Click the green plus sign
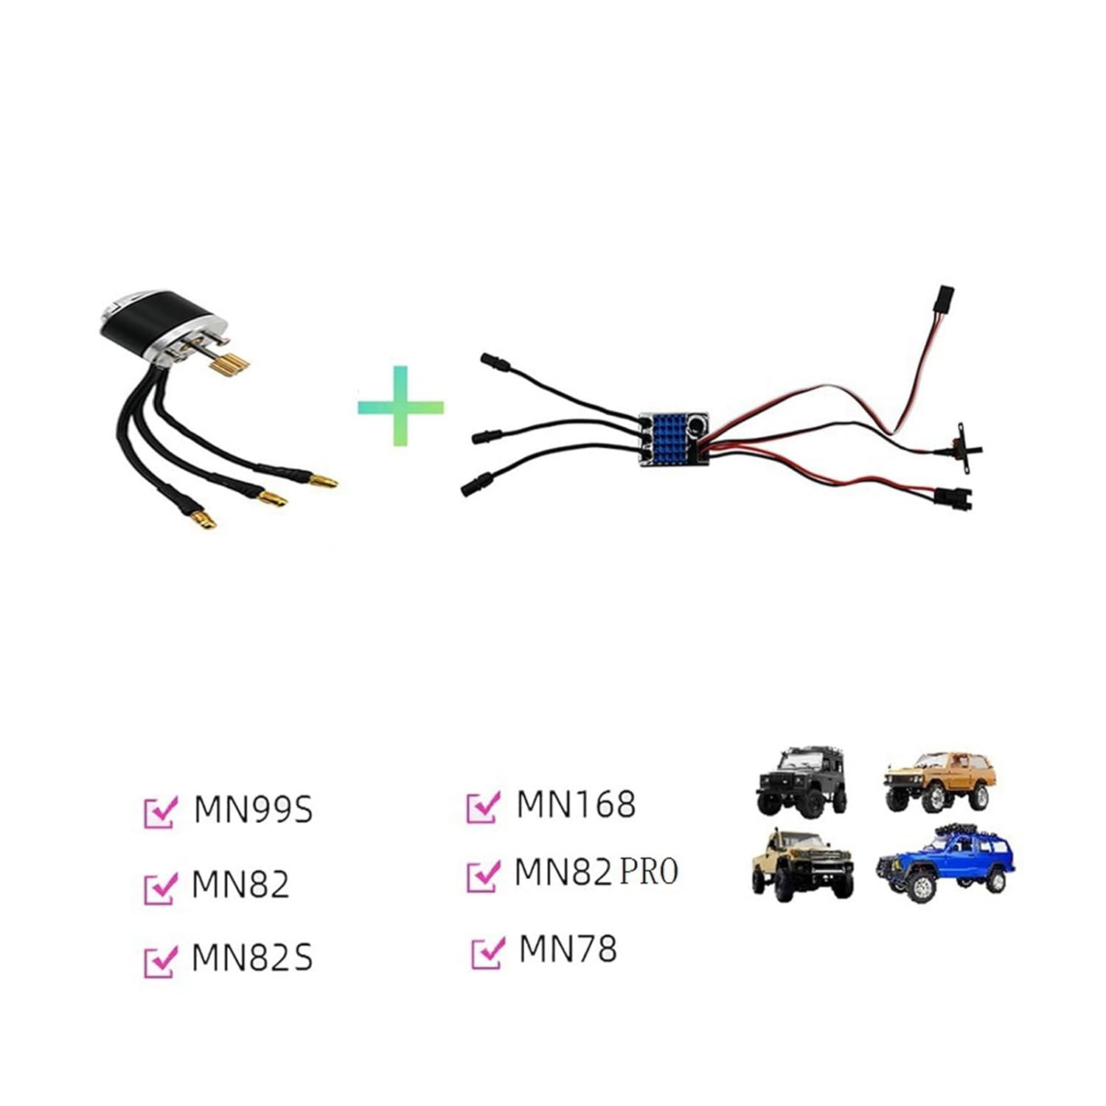tap(400, 406)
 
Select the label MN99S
tap(253, 809)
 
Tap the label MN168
tap(575, 804)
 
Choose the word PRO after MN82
tap(648, 871)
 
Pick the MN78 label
tap(567, 949)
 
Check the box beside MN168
tap(483, 807)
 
